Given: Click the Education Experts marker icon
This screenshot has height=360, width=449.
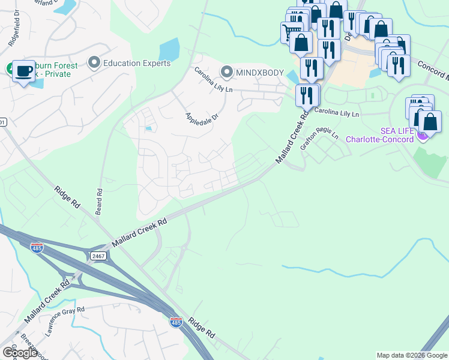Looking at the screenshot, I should tap(94, 62).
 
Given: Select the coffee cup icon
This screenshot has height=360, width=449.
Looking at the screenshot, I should tap(23, 70).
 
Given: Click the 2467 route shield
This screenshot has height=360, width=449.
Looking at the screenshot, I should tap(98, 256).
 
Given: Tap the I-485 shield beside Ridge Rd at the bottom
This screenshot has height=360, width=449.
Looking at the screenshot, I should tap(176, 322).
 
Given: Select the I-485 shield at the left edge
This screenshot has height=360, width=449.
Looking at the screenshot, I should tap(37, 247).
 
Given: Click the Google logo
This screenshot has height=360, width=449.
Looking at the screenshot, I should tap(20, 352).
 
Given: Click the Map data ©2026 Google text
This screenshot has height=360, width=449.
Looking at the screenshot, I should tap(412, 355).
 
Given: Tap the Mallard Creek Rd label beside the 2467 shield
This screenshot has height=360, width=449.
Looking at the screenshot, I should tap(139, 232).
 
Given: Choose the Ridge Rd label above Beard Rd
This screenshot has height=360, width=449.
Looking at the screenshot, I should tap(68, 196).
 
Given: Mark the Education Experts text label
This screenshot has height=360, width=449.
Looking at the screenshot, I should tap(137, 63).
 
